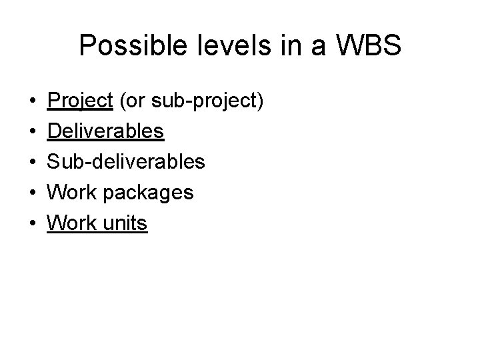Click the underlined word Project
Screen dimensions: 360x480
pyautogui.click(x=79, y=101)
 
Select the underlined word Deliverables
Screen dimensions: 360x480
pyautogui.click(x=105, y=132)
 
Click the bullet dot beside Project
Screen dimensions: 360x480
pyautogui.click(x=33, y=102)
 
